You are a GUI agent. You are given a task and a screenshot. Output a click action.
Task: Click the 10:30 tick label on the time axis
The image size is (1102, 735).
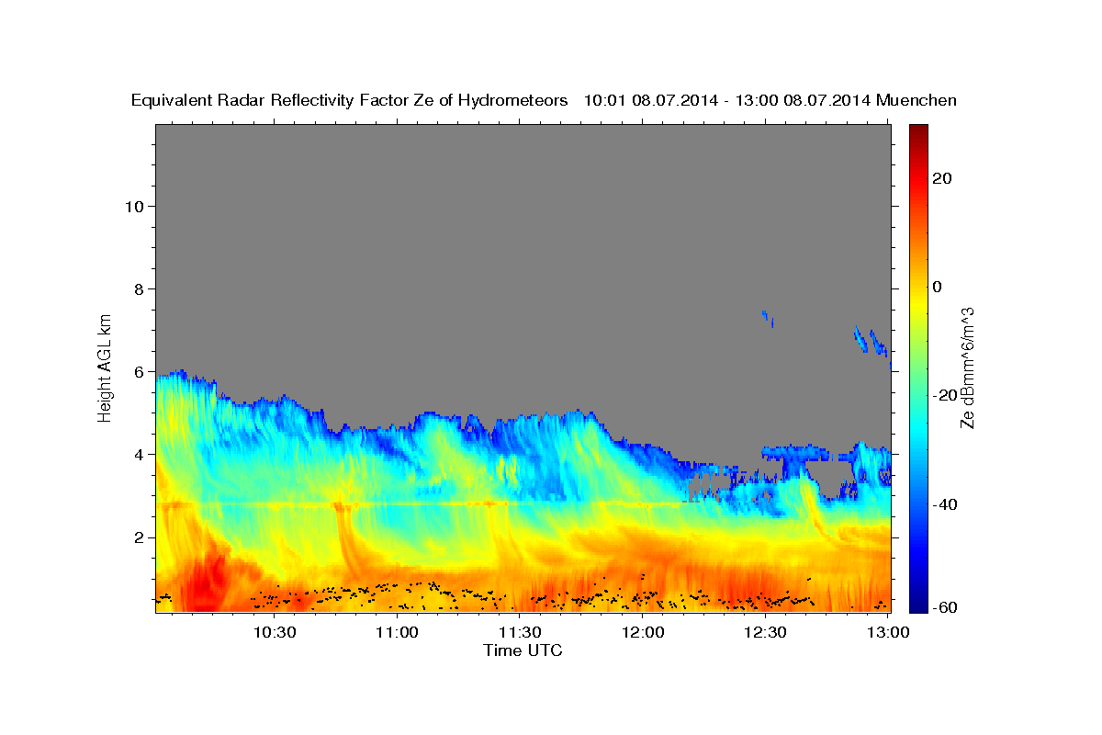coord(274,632)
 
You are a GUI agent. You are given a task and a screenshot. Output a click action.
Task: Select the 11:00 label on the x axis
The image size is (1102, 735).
coord(397,632)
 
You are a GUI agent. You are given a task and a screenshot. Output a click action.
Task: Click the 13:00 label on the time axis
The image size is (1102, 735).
coord(888,632)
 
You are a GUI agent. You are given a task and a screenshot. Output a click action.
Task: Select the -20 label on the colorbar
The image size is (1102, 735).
coord(946,395)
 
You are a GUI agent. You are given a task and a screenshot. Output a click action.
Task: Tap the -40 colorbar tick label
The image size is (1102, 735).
coord(946,504)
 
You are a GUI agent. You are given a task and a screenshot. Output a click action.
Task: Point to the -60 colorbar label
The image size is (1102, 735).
coord(946,609)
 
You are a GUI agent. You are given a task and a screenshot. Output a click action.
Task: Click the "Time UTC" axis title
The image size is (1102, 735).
coord(523,650)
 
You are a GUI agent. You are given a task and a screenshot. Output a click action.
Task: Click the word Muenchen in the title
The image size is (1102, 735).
coord(916,100)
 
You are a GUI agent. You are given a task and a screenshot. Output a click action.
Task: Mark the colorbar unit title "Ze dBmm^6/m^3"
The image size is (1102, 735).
coord(967,367)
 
